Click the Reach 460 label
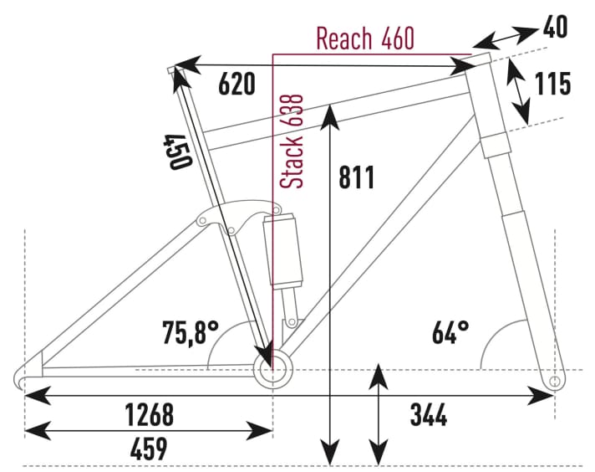click(x=364, y=38)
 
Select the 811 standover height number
click(x=358, y=177)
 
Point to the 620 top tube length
click(x=236, y=84)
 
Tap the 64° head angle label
click(x=450, y=333)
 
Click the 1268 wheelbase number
click(x=149, y=413)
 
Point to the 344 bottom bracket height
click(x=429, y=413)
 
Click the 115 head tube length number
click(x=552, y=84)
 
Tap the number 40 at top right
click(x=555, y=28)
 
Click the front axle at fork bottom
click(x=553, y=382)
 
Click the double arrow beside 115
click(x=520, y=92)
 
